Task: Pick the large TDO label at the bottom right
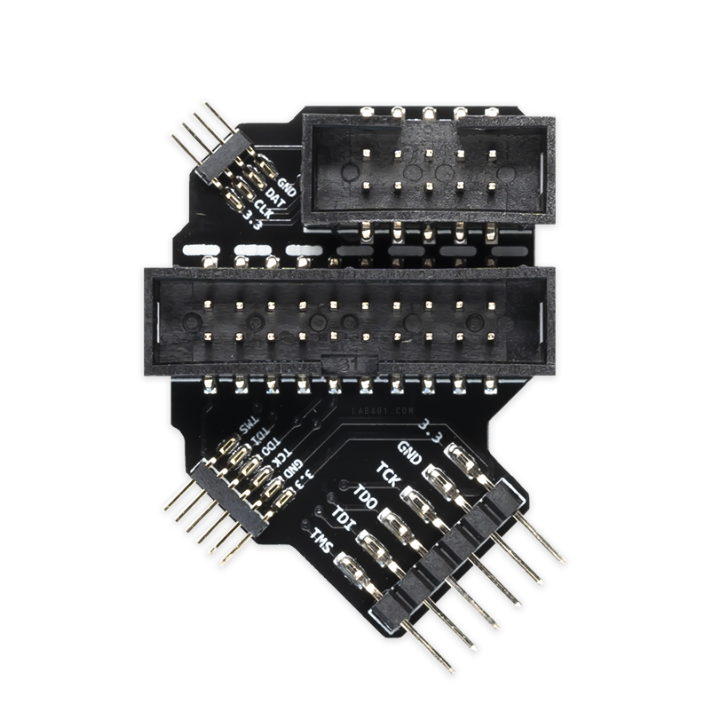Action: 364,494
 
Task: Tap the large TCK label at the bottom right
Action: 387,471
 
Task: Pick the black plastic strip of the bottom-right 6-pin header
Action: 448,555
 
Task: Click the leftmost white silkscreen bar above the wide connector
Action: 203,249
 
